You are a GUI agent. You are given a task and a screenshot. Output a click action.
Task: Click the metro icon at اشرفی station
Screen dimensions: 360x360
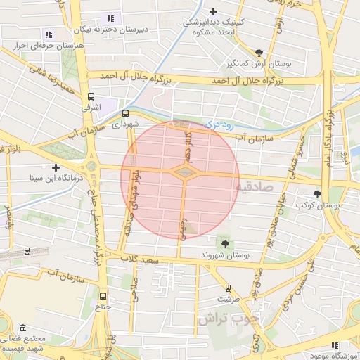[x=91, y=97]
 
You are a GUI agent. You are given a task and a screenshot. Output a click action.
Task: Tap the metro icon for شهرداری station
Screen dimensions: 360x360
[x=126, y=112]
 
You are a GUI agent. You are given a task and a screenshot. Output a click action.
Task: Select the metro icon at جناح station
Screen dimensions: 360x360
[x=104, y=296]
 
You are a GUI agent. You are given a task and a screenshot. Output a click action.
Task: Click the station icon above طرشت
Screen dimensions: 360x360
[x=228, y=287]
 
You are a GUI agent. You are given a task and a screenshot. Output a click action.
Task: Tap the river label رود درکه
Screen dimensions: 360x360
[x=218, y=124]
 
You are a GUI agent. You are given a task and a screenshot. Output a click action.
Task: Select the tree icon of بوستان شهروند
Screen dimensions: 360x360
[x=225, y=243]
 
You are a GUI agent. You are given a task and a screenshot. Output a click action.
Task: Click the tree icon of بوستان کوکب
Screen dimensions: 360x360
[x=318, y=194]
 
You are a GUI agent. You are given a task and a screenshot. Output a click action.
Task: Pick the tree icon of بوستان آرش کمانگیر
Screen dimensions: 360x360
[x=260, y=53]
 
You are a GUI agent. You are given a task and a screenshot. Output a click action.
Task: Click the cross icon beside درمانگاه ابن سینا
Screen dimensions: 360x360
[x=56, y=167]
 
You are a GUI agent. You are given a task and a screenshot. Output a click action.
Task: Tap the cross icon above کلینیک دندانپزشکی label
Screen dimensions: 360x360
[x=214, y=11]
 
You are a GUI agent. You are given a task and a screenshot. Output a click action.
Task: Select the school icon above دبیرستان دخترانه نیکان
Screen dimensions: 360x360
[x=110, y=18]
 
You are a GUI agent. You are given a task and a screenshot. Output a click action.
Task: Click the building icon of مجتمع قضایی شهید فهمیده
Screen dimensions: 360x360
[x=23, y=328]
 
